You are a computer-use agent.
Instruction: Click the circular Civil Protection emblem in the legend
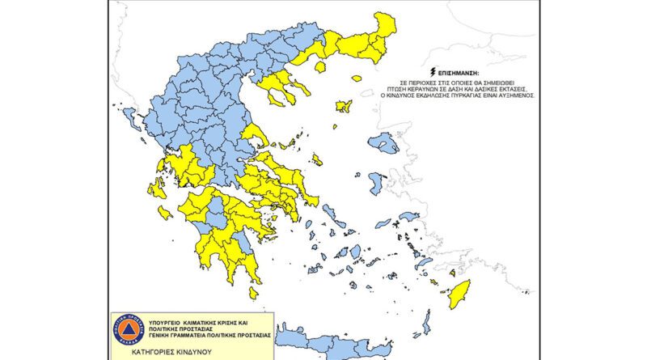127,331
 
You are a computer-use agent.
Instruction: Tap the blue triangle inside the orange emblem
127,332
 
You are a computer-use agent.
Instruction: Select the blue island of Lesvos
384,144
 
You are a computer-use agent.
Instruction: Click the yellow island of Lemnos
343,106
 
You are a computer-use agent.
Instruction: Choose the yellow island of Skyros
317,160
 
